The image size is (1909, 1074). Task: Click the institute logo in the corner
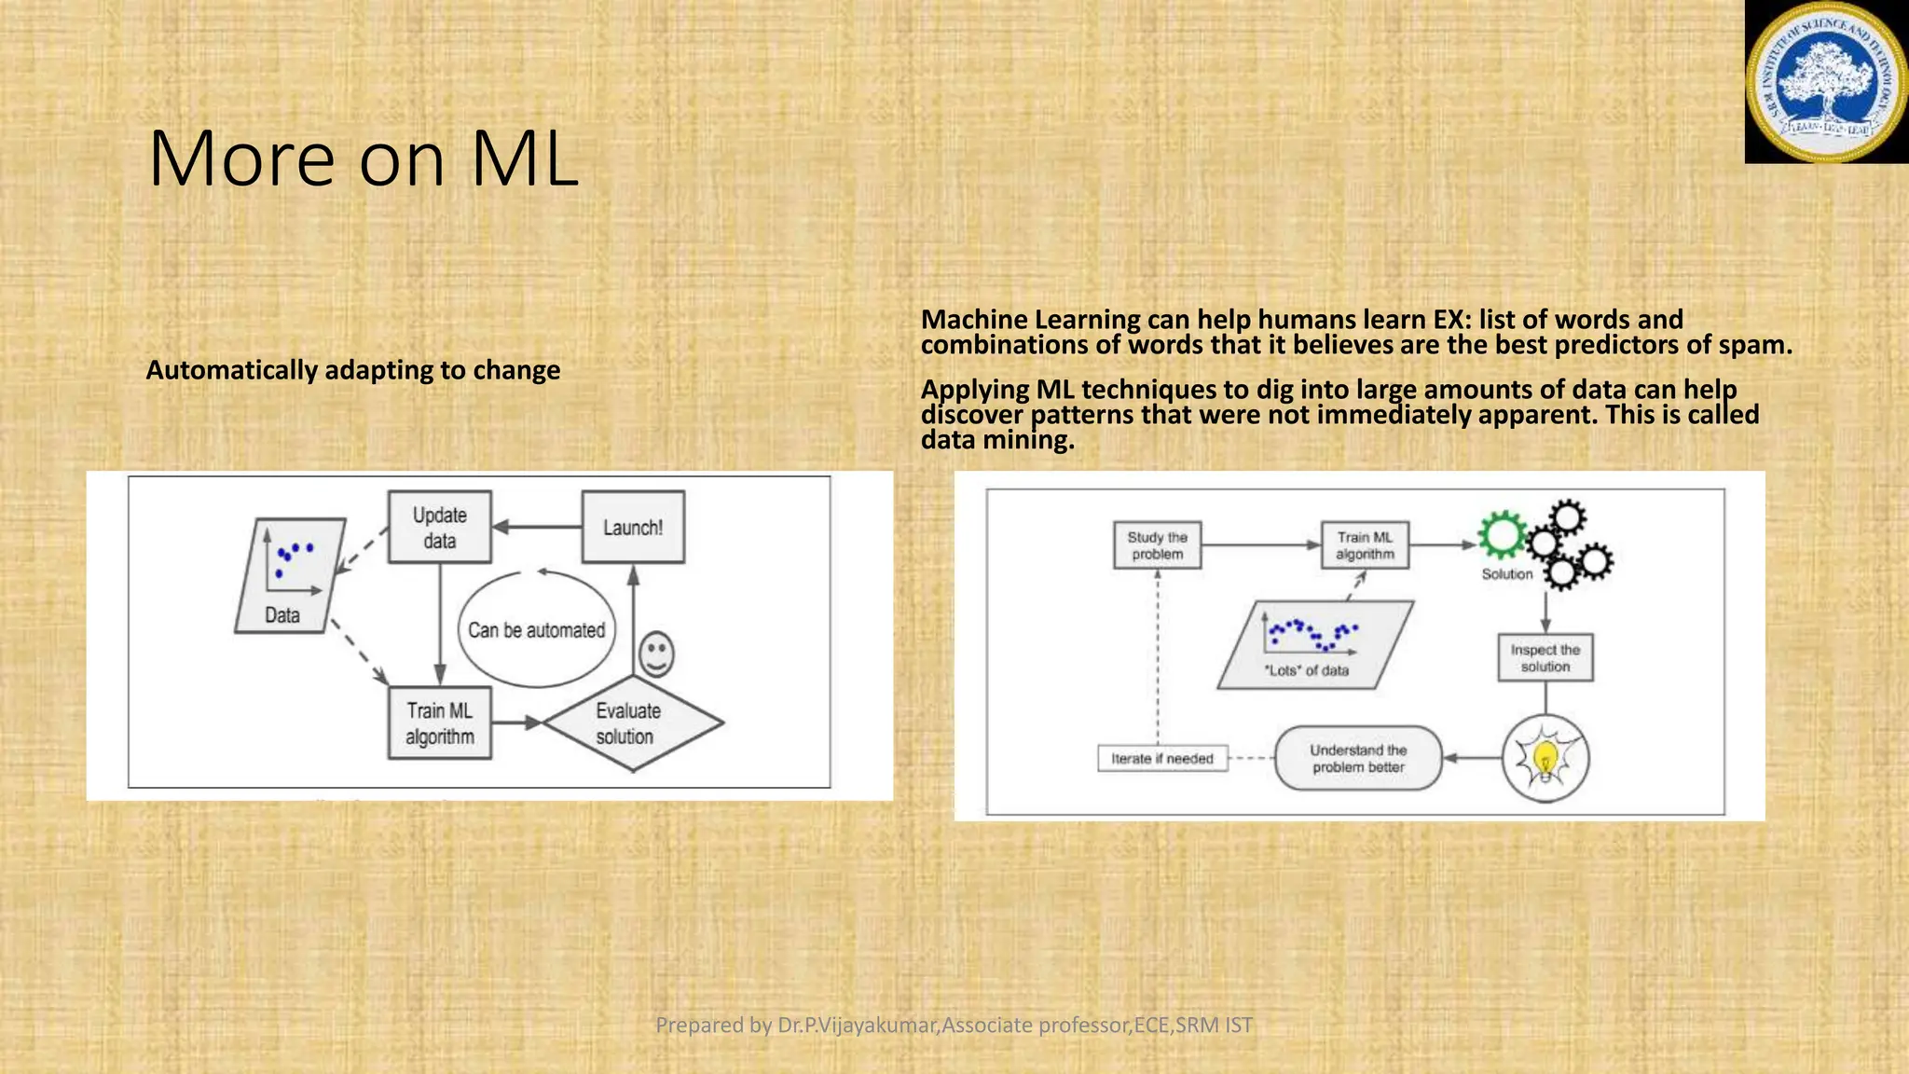(1826, 82)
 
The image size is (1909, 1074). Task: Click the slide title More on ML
(364, 158)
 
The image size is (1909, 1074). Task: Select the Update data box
(439, 528)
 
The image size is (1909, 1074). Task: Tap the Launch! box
(633, 528)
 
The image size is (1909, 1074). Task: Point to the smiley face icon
(656, 654)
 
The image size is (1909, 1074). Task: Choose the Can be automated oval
(536, 630)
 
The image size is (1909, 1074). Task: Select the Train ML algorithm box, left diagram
(439, 723)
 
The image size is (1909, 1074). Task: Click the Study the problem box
(1157, 545)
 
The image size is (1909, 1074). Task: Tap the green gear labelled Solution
(1501, 535)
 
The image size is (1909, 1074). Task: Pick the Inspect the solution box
(1545, 658)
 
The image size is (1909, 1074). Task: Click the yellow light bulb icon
(1545, 758)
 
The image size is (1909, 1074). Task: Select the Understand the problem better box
(1358, 759)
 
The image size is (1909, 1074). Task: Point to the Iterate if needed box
(1161, 759)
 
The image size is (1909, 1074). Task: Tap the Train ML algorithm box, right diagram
(1365, 545)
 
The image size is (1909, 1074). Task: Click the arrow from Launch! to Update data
(537, 527)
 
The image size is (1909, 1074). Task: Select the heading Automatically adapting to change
(353, 370)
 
